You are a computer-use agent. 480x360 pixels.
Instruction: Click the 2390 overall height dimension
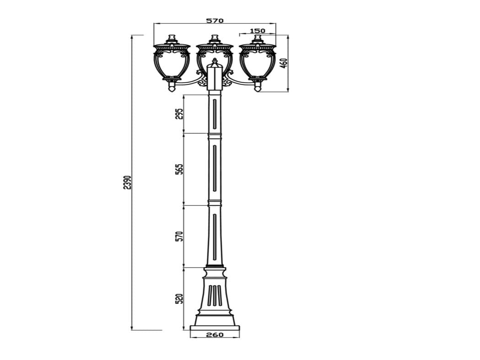[127, 183]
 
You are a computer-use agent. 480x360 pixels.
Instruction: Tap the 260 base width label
[215, 334]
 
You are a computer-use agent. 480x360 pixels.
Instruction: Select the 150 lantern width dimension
[258, 31]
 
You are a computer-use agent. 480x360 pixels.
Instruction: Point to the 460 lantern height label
[284, 63]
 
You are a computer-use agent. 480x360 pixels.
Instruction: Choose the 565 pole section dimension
[180, 169]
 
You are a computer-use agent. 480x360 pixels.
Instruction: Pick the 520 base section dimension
[180, 299]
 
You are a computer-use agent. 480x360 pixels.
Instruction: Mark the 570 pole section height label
[180, 236]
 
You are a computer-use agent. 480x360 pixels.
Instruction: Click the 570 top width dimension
[215, 21]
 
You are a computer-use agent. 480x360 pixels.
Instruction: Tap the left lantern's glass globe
[172, 65]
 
